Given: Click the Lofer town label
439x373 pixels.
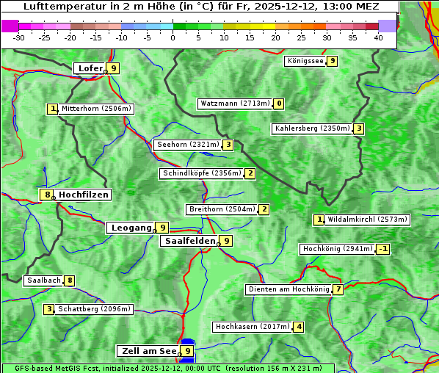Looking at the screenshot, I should click(90, 68).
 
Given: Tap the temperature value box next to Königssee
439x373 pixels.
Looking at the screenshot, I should click(332, 61).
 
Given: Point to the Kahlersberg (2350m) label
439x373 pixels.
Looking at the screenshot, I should click(312, 128).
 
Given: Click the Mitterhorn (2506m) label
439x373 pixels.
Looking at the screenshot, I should click(96, 109).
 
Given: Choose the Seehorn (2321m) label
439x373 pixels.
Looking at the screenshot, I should click(188, 145).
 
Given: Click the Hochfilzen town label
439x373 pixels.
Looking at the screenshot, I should click(84, 195).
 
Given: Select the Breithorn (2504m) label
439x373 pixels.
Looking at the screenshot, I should click(221, 209).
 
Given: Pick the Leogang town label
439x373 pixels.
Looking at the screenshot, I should click(131, 228).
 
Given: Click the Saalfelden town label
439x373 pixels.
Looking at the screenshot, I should click(189, 241).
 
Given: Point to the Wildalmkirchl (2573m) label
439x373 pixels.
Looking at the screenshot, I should click(367, 220).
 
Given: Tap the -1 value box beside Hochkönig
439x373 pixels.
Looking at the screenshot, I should click(382, 249).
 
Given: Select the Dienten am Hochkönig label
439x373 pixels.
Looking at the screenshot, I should click(288, 289).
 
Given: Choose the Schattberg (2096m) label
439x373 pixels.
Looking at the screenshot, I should click(94, 309).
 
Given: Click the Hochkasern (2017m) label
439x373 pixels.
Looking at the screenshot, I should click(252, 327).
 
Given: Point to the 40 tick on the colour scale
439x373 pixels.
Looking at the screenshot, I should click(378, 37).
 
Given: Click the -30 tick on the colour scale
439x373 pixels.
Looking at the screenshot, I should click(19, 37).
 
